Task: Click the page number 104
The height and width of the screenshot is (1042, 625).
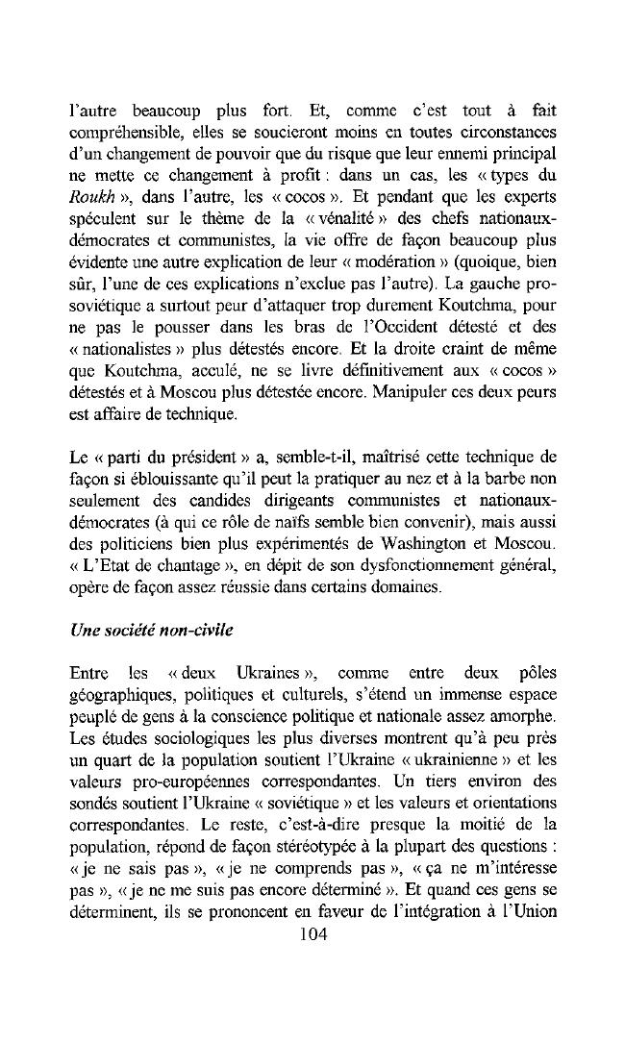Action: pos(314,934)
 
